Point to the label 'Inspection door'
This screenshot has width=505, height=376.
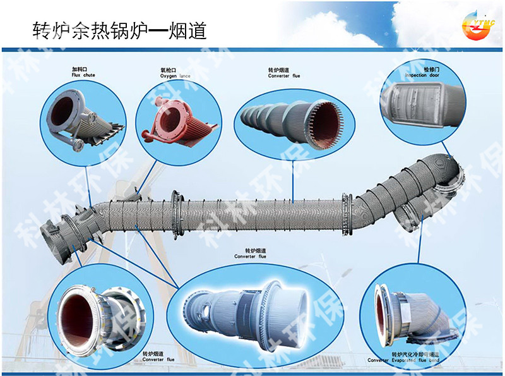(x=422, y=75)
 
